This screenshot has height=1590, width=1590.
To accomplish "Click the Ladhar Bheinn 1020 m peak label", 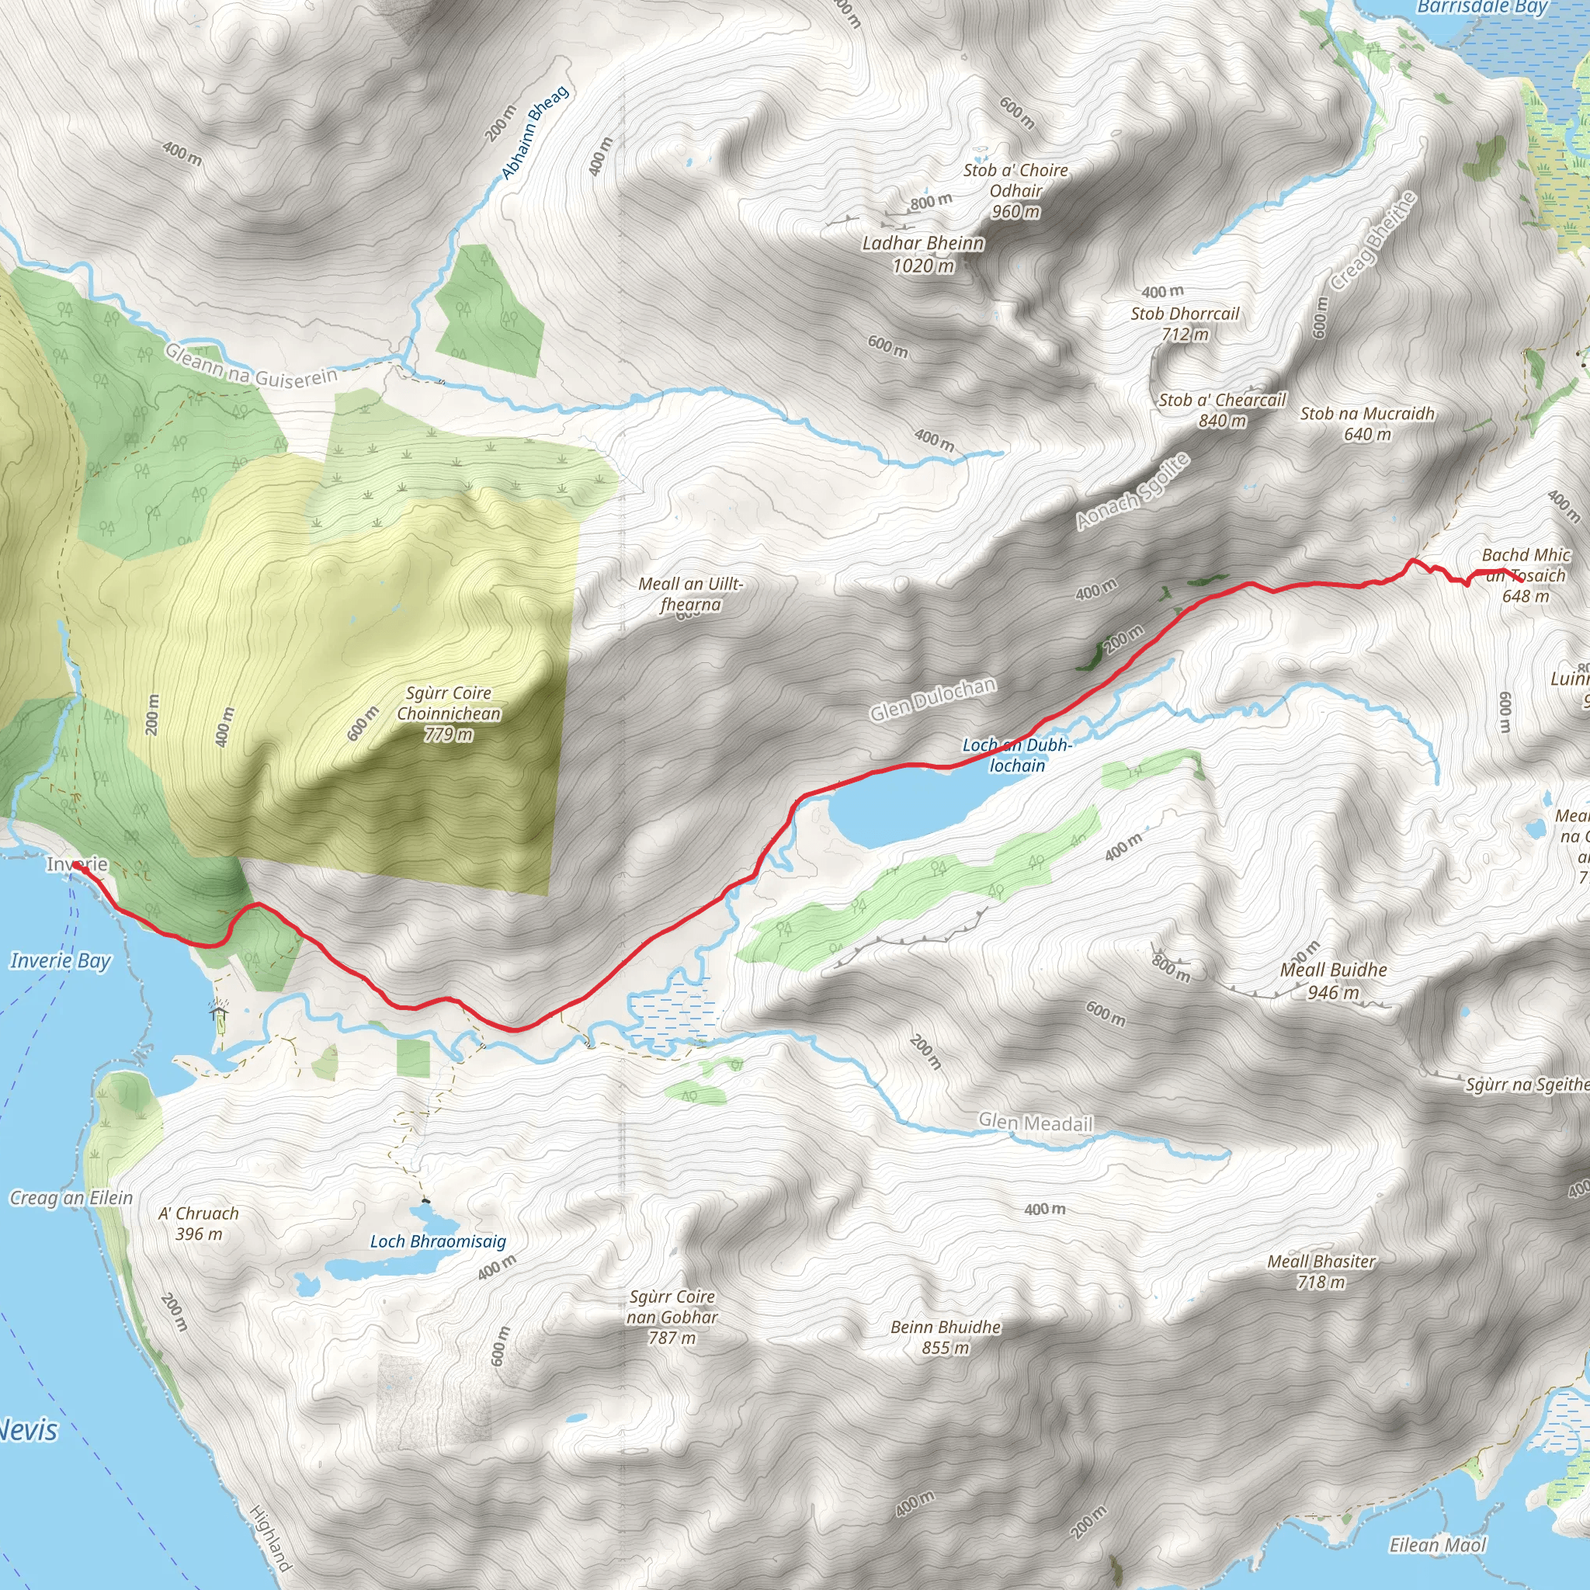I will (x=922, y=253).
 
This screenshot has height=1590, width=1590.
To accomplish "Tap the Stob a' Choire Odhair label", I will (x=1015, y=190).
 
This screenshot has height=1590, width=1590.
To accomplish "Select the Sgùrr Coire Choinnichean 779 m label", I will (x=449, y=713).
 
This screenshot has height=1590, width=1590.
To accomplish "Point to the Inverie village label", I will (x=78, y=864).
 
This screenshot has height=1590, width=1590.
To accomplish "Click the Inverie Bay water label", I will (x=60, y=960).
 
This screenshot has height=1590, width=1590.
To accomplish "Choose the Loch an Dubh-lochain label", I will (x=1017, y=755).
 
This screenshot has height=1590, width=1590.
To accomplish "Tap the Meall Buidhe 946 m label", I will (x=1333, y=981).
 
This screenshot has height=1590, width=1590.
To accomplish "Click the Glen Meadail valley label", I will (x=1036, y=1123).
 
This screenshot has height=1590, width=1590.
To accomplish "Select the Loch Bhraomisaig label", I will (x=438, y=1241).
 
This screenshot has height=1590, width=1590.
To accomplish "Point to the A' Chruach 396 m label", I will (x=198, y=1223).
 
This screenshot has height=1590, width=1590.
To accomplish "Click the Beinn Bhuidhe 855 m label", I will (x=946, y=1337).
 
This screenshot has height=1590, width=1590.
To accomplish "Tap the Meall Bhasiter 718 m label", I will (x=1321, y=1271).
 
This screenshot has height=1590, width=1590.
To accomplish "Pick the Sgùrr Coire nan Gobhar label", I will (x=672, y=1317).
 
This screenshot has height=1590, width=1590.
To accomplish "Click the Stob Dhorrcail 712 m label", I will (x=1184, y=324).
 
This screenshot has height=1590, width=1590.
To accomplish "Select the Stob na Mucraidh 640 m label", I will (x=1367, y=423).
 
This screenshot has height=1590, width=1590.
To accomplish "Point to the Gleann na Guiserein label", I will (x=251, y=366).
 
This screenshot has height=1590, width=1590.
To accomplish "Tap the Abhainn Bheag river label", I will (x=535, y=133).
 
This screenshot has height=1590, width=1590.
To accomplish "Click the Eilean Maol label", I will (x=1438, y=1545).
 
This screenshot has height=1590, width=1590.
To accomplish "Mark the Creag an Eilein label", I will (x=71, y=1197).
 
